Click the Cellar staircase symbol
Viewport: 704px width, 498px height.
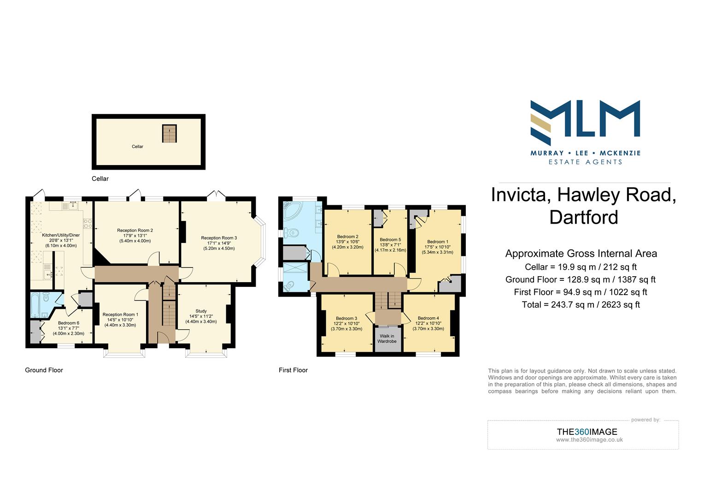(170, 133)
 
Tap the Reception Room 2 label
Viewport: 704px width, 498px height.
(135, 230)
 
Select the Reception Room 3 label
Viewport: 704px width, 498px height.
(219, 238)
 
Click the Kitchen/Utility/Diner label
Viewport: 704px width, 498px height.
(61, 235)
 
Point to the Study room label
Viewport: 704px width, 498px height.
(201, 311)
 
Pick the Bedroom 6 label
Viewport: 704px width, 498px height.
(68, 323)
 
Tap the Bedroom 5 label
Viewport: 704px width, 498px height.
(390, 240)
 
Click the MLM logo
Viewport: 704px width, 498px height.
(585, 119)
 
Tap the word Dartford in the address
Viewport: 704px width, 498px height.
(584, 217)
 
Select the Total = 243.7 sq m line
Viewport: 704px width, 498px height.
(581, 304)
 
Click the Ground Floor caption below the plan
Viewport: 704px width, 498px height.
(44, 370)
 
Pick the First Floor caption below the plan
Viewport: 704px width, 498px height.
(293, 370)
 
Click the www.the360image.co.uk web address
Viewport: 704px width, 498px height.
(589, 439)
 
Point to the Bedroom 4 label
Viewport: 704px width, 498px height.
(428, 318)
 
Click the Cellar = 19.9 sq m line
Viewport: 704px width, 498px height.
(581, 267)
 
